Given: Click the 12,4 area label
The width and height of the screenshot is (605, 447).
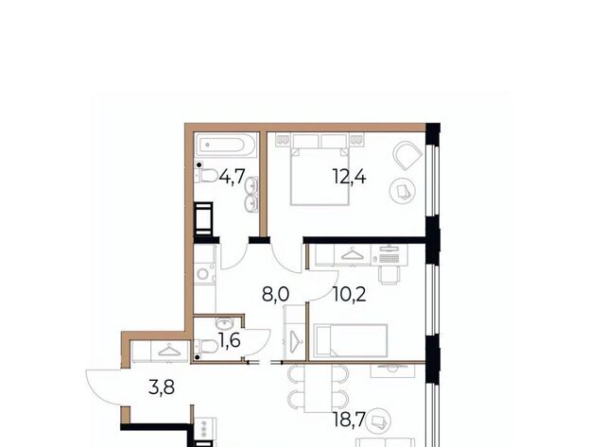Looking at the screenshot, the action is tap(349, 178).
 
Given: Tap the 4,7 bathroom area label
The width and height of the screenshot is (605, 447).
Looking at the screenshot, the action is tap(232, 177).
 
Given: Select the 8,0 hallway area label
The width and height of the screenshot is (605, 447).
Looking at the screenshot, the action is tap(275, 295).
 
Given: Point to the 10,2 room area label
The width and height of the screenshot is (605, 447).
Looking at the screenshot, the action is tap(349, 295).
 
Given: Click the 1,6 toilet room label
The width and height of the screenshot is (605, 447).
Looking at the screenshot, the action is tap(229, 340).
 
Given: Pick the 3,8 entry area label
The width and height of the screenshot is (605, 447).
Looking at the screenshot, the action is tap(162, 387).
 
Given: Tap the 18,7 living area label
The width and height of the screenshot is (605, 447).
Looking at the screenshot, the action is tap(349, 420).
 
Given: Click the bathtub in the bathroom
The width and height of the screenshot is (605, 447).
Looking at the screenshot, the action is tap(226, 146).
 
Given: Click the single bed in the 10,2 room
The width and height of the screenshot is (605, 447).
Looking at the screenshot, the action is tap(351, 340).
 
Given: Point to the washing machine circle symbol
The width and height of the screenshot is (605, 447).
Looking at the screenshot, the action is tap(202, 274).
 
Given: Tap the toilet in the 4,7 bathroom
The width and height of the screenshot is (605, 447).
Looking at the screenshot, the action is tap(205, 176).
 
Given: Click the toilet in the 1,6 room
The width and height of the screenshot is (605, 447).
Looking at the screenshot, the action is tap(206, 346).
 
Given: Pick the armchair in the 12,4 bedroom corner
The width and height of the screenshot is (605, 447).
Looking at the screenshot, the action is tap(407, 155).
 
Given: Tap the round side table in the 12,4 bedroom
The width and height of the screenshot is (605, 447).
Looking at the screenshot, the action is tap(403, 191).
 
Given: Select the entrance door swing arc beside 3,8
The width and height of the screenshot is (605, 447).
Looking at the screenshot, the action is tap(101, 387).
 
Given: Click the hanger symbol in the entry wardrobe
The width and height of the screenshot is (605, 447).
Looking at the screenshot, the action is tap(169, 351).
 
